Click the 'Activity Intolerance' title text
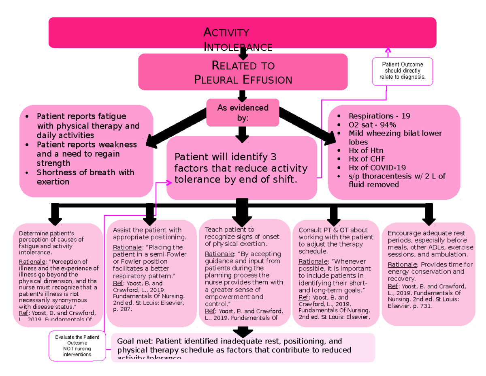coord(238,39)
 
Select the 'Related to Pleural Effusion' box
coord(243,72)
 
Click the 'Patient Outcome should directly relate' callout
coord(403,71)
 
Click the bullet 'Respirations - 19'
coord(379,116)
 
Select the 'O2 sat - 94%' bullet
coord(372,125)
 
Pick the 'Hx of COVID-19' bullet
coord(377,168)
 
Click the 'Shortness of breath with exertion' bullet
coord(85,177)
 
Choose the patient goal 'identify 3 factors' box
coord(241,168)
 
